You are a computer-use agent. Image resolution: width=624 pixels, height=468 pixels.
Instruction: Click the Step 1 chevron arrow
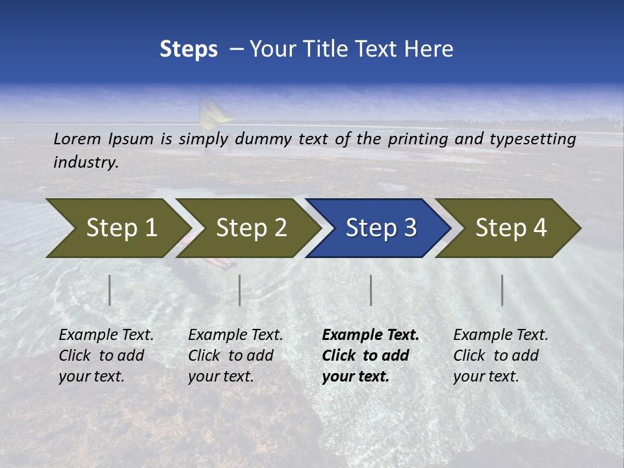[117, 228]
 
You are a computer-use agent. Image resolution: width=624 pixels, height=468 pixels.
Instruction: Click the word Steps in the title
[188, 49]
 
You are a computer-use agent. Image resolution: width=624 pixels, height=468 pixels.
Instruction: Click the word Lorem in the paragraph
[77, 138]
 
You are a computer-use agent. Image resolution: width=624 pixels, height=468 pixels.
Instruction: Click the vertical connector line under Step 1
[110, 290]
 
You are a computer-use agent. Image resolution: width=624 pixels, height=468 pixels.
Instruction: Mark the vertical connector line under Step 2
[240, 290]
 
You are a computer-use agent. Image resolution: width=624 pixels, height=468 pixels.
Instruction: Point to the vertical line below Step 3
[371, 290]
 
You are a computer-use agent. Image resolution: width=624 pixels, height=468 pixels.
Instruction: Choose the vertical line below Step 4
[502, 290]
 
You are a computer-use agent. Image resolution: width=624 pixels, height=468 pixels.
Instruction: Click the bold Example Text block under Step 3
[370, 356]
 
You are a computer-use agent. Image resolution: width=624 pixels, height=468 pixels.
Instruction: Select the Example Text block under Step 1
[105, 356]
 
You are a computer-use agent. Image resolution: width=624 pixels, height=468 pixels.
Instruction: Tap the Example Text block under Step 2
[235, 356]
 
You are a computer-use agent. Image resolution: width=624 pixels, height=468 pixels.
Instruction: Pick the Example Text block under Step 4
[500, 356]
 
